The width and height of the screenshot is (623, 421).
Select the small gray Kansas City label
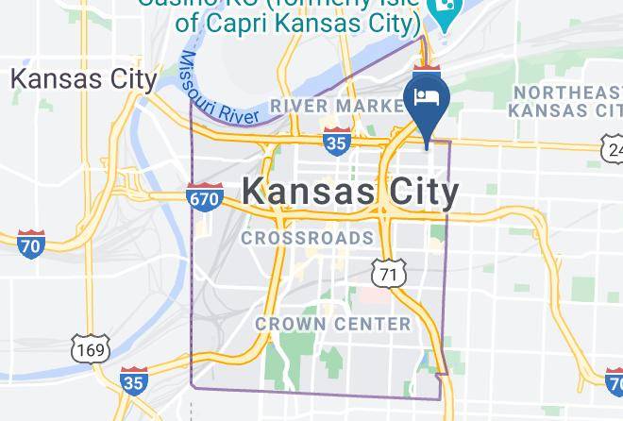pos(83,79)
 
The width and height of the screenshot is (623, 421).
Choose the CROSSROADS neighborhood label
pos(308,238)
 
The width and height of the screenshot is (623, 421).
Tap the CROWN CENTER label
pos(333,324)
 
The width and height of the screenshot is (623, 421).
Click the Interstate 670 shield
pos(205,197)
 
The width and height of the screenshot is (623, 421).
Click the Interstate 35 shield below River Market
pos(335,142)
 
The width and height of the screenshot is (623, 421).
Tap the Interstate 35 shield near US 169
pos(134,381)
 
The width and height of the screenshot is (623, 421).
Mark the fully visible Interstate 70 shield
pos(31,244)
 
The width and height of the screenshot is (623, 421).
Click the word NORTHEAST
pos(564,93)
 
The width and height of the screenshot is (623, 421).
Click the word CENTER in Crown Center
pos(374,324)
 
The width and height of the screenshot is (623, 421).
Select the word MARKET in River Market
pos(363,106)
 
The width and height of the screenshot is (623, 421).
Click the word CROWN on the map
pos(292,324)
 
